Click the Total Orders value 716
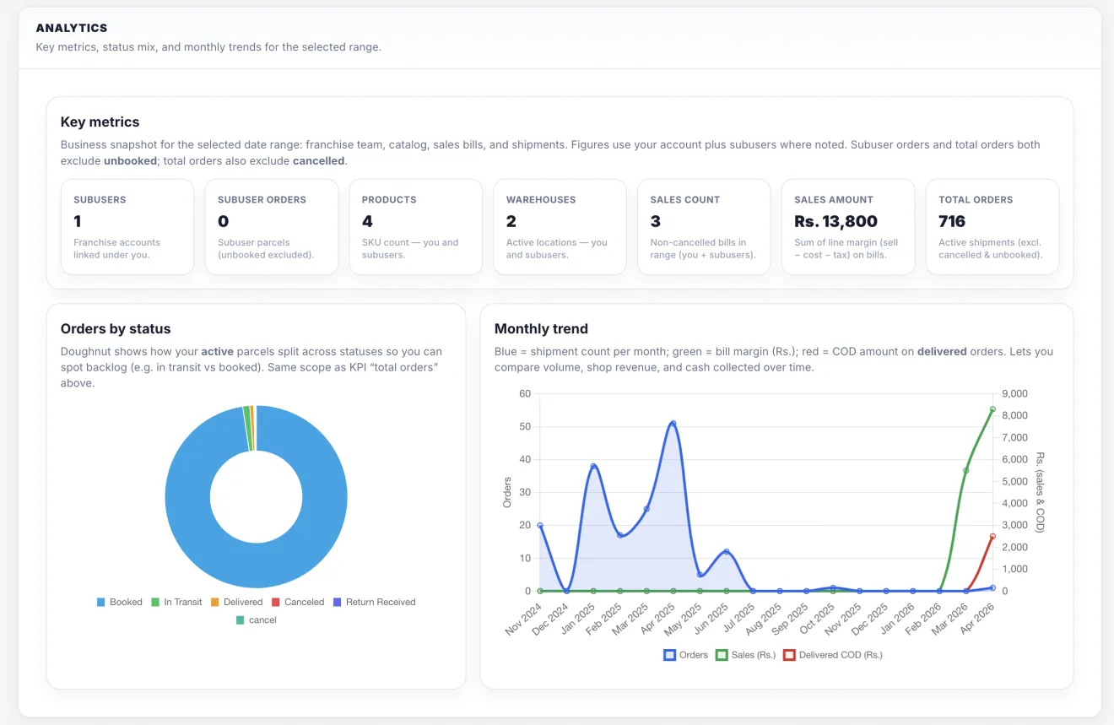pyautogui.click(x=951, y=221)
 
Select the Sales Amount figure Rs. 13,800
pyautogui.click(x=835, y=221)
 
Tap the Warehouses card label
pyautogui.click(x=541, y=199)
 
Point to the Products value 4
pyautogui.click(x=367, y=221)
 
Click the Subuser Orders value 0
pyautogui.click(x=224, y=221)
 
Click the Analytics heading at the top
pyautogui.click(x=72, y=28)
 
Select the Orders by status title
pyautogui.click(x=116, y=328)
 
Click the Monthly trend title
pyautogui.click(x=541, y=328)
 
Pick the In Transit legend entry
pyautogui.click(x=176, y=602)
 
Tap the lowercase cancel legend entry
pyautogui.click(x=256, y=619)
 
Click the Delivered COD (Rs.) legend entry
pyautogui.click(x=832, y=655)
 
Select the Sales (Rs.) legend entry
pyautogui.click(x=745, y=655)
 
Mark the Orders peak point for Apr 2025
pyautogui.click(x=673, y=424)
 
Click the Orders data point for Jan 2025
pyautogui.click(x=593, y=467)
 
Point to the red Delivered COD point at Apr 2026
pyautogui.click(x=992, y=536)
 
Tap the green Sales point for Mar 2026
pyautogui.click(x=965, y=470)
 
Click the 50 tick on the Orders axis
pyautogui.click(x=525, y=426)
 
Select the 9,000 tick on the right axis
pyautogui.click(x=1014, y=393)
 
